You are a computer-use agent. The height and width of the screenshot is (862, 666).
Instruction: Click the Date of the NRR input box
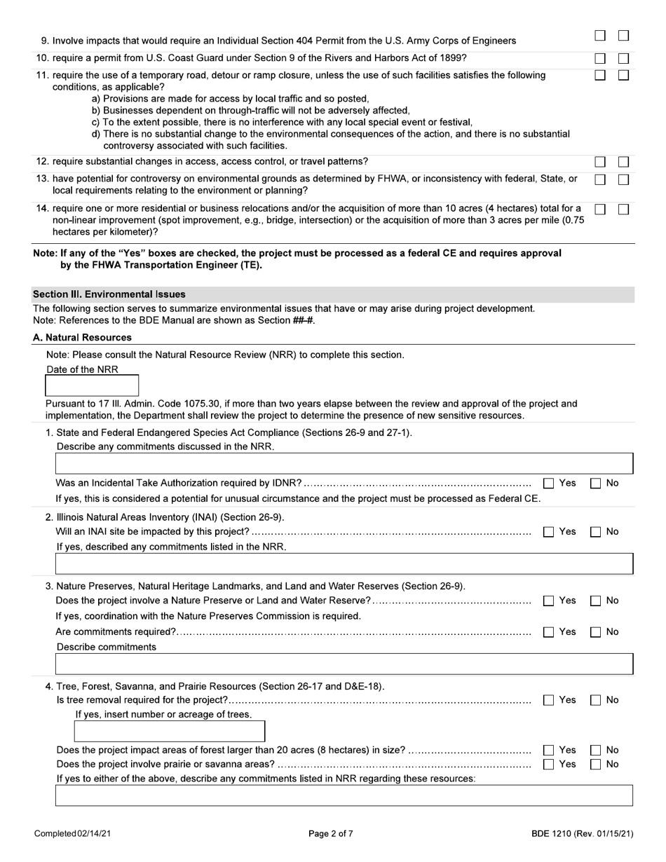[x=92, y=385]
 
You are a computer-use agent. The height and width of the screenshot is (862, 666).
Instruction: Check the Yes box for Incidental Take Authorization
[x=549, y=483]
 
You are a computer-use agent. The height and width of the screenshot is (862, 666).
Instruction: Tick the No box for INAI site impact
[x=596, y=532]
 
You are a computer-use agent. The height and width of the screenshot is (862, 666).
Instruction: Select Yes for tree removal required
[x=549, y=700]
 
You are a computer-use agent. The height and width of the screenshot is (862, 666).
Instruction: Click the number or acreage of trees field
[x=169, y=731]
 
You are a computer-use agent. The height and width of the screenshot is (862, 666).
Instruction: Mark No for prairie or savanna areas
[x=596, y=764]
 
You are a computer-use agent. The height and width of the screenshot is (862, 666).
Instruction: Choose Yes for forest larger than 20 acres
[x=549, y=750]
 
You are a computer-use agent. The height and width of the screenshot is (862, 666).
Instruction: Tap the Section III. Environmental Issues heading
[x=109, y=294]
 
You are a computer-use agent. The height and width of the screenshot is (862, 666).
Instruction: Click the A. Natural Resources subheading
[x=82, y=338]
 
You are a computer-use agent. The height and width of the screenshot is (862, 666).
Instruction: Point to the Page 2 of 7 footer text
[x=331, y=834]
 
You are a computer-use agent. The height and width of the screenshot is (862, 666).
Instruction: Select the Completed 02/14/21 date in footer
[x=72, y=834]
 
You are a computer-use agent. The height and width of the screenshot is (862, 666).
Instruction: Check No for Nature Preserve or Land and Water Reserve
[x=596, y=601]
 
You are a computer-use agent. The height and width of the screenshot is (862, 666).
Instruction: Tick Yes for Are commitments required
[x=549, y=632]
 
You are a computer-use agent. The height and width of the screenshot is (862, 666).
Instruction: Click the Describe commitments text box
[x=344, y=664]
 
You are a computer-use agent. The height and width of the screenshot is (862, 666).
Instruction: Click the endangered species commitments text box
[x=344, y=464]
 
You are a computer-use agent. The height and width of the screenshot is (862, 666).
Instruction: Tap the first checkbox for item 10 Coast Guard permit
[x=600, y=59]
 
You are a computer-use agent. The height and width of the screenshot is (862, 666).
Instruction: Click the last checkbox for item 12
[x=623, y=162]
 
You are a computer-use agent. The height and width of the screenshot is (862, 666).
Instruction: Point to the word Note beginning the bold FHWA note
[x=45, y=253]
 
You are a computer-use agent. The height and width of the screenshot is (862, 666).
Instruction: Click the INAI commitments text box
[x=344, y=563]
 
